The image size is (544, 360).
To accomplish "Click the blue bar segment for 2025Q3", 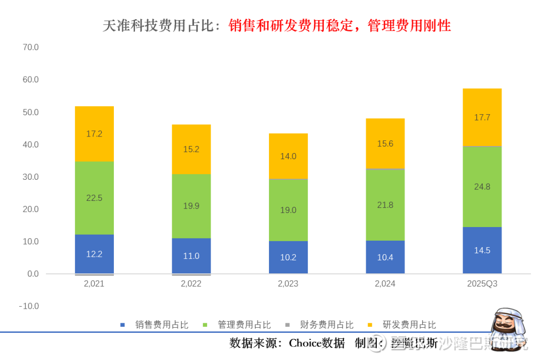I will [482, 250].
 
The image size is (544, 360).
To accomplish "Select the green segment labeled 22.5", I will [94, 198].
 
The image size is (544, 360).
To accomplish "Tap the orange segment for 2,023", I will [288, 156].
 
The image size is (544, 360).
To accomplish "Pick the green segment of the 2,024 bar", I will [385, 205].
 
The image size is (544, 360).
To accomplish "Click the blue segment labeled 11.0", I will [191, 256].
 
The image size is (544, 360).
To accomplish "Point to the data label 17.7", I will [482, 117].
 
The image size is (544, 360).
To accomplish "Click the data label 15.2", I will [191, 150].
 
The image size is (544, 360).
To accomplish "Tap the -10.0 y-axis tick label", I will [29, 306].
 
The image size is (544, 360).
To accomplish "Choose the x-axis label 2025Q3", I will [482, 284].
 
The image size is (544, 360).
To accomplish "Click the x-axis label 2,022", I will [191, 284].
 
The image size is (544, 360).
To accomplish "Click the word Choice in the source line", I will [305, 343].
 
